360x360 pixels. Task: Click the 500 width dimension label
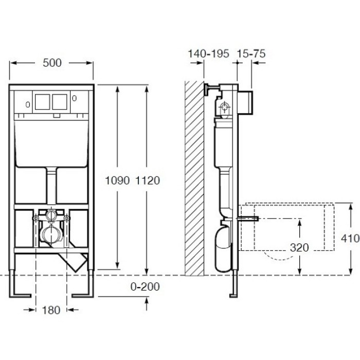[x=52, y=63]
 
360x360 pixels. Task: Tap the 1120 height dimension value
[x=148, y=180]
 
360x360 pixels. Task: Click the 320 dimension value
[x=298, y=248]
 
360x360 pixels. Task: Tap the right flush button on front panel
[x=59, y=102]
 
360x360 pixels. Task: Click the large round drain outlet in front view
[x=50, y=236]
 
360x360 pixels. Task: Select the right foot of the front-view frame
[x=83, y=295]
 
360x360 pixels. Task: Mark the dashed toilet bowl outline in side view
[x=288, y=226]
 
